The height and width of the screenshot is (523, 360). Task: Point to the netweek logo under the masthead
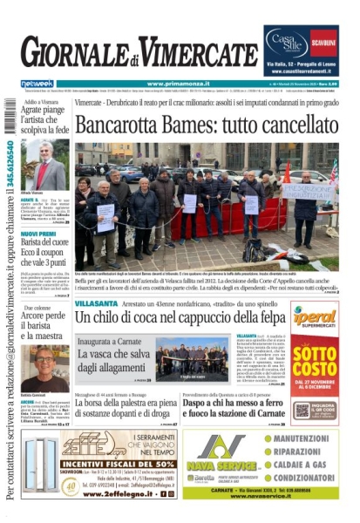[37, 83]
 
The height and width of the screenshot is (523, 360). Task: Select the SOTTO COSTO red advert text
[314, 359]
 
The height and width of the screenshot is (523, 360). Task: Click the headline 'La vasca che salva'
[112, 356]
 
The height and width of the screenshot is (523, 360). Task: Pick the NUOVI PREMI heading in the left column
[38, 234]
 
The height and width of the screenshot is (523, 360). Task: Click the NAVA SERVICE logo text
[225, 466]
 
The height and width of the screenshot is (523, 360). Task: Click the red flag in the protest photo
[287, 171]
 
